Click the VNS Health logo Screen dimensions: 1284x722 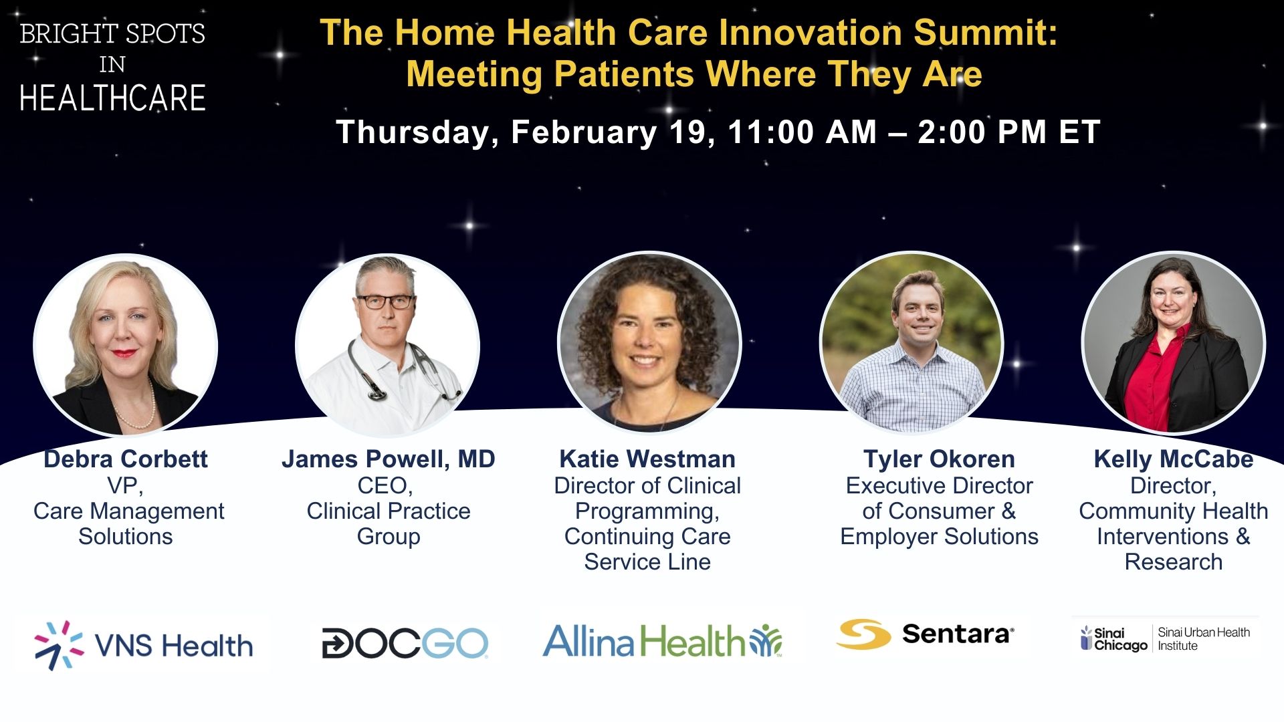(x=143, y=645)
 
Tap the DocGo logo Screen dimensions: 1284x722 (x=405, y=644)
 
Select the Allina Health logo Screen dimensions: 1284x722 (x=662, y=640)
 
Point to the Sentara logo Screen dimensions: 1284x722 (x=925, y=633)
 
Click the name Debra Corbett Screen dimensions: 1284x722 (x=126, y=459)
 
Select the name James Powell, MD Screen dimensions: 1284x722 (x=388, y=460)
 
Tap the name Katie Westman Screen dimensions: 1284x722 (x=647, y=459)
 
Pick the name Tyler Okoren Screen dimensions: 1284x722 (x=939, y=460)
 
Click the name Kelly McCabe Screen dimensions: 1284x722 (x=1174, y=460)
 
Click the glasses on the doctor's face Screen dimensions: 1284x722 (x=387, y=302)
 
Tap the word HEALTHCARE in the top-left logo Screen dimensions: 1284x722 (x=112, y=98)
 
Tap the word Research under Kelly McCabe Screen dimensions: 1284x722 (x=1174, y=562)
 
